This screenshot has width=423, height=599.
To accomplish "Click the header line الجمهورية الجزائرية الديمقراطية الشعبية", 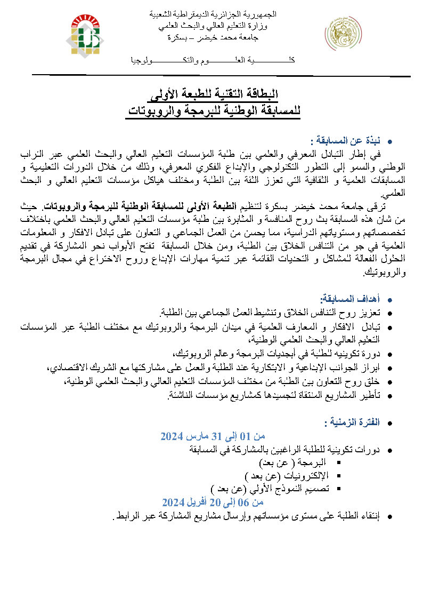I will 212,14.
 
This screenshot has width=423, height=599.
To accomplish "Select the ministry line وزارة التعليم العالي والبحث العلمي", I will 213,26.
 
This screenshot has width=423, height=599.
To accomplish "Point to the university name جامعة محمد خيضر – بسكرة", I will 212,38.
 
